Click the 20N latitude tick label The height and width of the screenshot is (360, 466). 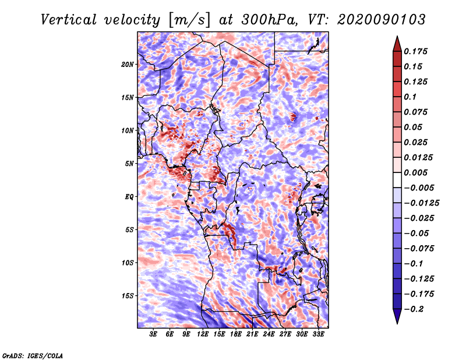click(x=128, y=65)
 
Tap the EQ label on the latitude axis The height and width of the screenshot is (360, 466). click(x=129, y=197)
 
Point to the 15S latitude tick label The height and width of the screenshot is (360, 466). click(x=128, y=296)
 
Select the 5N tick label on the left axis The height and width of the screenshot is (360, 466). click(x=129, y=164)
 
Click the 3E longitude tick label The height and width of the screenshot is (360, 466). click(x=153, y=334)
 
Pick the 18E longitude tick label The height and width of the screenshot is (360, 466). click(x=236, y=334)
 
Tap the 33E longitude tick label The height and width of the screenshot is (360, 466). click(x=318, y=334)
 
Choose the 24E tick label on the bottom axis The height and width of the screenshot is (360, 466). click(x=269, y=334)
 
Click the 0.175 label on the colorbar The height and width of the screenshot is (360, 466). click(x=415, y=51)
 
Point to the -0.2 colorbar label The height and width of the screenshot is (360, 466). click(x=413, y=309)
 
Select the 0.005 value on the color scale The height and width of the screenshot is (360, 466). click(x=415, y=172)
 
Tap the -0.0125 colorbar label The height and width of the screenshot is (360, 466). click(x=421, y=203)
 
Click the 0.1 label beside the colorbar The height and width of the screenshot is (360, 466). click(x=410, y=97)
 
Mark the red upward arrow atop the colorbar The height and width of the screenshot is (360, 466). click(x=397, y=44)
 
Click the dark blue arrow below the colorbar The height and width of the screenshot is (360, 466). click(x=397, y=316)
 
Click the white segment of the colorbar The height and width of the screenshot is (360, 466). click(x=397, y=180)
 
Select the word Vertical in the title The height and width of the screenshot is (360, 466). click(x=69, y=20)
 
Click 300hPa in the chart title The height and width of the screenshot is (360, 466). click(x=269, y=20)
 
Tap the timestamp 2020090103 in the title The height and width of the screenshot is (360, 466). click(x=382, y=20)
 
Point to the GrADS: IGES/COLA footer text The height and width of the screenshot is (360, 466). click(x=33, y=355)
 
